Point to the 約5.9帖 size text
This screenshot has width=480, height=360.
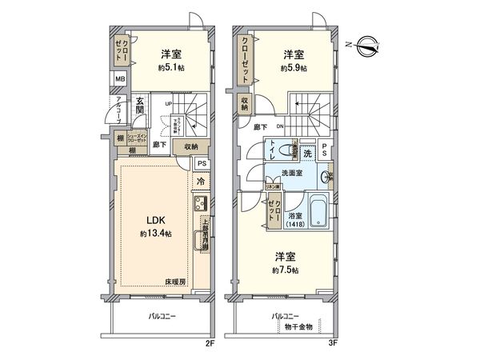coord(293,68)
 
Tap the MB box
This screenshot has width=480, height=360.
coord(119,79)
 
